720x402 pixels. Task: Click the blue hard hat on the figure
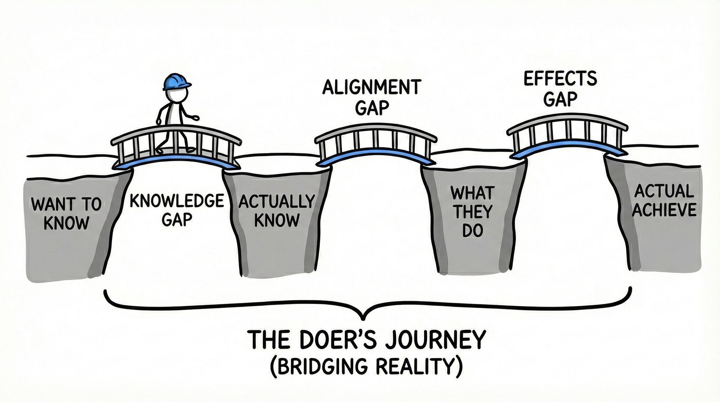coord(176,82)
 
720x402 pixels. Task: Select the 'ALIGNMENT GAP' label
coord(372,97)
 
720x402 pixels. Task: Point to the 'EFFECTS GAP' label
coord(560,89)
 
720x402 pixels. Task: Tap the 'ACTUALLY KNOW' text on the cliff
coord(276,211)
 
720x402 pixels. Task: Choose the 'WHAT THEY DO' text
coord(472,212)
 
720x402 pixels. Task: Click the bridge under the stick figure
coord(176,151)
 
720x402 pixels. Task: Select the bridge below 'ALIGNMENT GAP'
coord(376,146)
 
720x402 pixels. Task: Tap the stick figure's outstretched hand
coord(196,117)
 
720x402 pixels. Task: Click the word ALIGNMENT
coord(372,88)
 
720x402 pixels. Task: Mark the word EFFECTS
coord(560,79)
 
